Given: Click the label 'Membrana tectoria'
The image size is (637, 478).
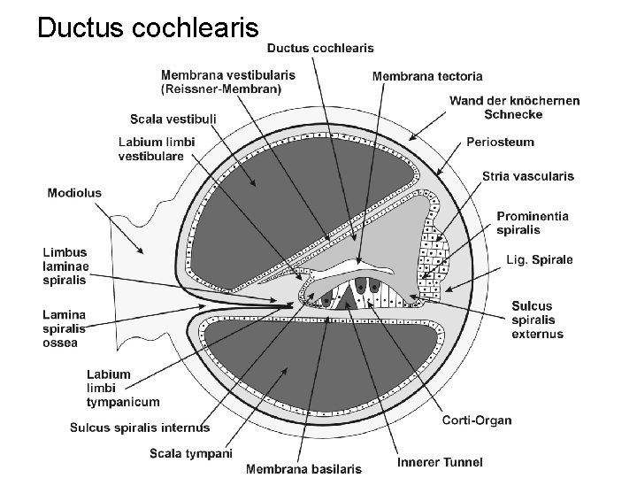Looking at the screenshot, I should tap(427, 76).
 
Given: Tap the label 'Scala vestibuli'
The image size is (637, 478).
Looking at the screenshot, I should tap(173, 119).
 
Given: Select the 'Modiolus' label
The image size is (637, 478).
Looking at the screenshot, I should tap(74, 192).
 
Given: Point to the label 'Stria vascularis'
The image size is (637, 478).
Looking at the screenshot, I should tap(528, 176).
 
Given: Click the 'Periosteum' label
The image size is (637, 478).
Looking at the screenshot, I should tap(501, 142).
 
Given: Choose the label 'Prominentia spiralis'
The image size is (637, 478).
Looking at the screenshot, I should tap(533, 223).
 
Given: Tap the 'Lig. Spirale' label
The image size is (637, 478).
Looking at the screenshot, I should tap(539, 259).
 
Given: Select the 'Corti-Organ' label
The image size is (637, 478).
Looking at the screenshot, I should tap(477, 420).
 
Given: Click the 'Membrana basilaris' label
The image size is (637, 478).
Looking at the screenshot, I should tap(303, 468).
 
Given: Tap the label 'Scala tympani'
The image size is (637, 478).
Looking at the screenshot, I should tap(190, 454).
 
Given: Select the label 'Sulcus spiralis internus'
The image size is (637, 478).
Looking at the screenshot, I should tap(140, 428).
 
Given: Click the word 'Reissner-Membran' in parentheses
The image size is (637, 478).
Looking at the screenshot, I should tap(221, 89).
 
